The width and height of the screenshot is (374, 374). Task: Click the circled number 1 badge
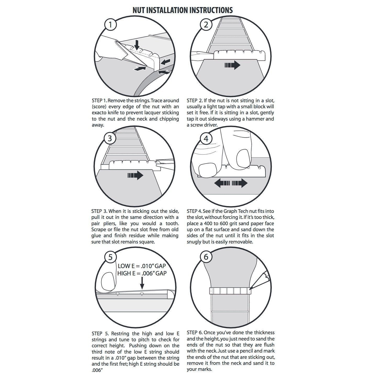coord(111,25)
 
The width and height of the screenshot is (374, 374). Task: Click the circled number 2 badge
coord(206,25)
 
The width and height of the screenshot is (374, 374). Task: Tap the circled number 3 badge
coord(110,138)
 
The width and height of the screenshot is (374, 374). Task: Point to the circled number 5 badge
coord(110,257)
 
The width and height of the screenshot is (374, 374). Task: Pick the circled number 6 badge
coord(206,257)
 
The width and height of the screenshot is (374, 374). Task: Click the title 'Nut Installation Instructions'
coord(183,10)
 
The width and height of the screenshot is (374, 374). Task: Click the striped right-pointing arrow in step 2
coord(232,65)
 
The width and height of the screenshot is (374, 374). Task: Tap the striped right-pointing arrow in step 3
coord(135,175)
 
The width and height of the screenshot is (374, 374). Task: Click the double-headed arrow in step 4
coord(231,183)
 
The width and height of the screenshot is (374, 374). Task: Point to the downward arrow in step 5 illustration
coord(142,282)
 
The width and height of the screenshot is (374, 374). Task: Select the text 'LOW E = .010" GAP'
coord(142,266)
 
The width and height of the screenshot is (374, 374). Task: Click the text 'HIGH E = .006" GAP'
coord(142,273)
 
